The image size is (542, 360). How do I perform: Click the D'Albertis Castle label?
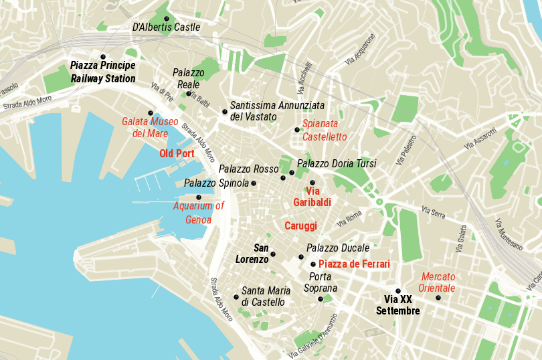coord(166,27)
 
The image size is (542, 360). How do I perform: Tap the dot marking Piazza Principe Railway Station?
coord(103,56)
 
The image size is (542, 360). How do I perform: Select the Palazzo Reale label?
coord(188,78)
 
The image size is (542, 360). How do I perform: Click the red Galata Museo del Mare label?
coord(150,127)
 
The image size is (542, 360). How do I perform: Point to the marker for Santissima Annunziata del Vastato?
coord(225,111)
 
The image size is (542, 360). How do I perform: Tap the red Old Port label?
coord(177,153)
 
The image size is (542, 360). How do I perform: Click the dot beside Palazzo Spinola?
coord(254,183)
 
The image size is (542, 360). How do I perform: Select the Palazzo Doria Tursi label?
coord(337,163)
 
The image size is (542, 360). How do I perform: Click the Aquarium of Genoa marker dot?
coord(199,197)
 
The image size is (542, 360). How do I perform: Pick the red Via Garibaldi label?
coord(312,196)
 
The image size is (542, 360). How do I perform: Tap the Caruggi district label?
coord(300,226)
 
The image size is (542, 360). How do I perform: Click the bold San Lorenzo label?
coord(252,254)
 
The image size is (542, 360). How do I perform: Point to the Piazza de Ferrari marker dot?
coord(313,264)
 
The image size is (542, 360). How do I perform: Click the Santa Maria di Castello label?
coord(266,296)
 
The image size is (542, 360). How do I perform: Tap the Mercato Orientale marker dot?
coord(438,297)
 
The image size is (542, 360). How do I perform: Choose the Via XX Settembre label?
coord(397,305)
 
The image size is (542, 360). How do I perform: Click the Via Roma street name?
coord(349,217)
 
